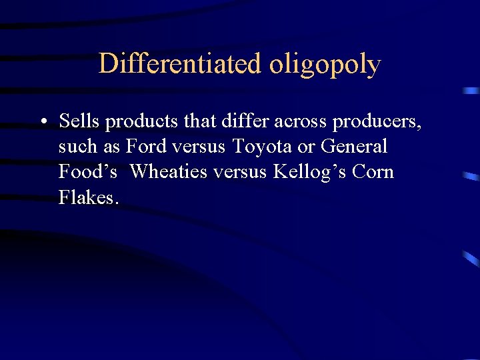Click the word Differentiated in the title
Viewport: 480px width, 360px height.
coord(180,64)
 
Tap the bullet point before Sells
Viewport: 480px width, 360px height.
coord(43,122)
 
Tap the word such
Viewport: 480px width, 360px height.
coord(78,146)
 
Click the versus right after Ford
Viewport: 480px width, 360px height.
coord(200,147)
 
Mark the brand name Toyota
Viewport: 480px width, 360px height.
coord(262,147)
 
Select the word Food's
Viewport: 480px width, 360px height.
coord(88,171)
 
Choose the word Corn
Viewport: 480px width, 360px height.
coord(373,171)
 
